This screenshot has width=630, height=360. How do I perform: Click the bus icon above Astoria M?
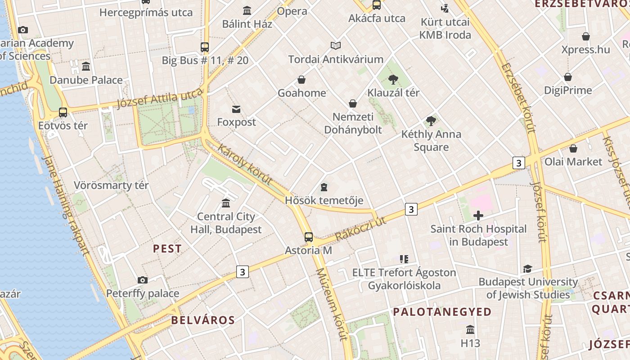pos(309,237)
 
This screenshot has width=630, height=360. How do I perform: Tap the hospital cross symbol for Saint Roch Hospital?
pos(478,216)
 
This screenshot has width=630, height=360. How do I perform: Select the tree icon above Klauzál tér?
pos(393,80)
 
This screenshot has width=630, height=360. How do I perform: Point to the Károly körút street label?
pos(245,165)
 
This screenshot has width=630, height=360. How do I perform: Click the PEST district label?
pos(167,248)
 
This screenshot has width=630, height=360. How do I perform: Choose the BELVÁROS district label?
pos(203,320)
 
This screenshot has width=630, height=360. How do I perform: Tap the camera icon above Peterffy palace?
pos(143,280)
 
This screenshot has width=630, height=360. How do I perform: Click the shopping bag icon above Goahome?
pos(301,80)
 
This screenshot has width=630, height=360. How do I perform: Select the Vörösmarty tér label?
pos(111,185)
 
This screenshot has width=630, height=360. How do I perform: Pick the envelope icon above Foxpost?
pos(236,109)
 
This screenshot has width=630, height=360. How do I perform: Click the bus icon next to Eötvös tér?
pos(63,112)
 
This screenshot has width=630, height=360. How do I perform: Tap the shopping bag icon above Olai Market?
pos(573,148)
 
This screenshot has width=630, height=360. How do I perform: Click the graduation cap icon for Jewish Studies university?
pos(527,269)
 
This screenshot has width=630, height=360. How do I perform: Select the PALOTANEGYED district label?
pos(442,312)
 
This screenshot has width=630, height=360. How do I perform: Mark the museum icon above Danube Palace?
pos(86,67)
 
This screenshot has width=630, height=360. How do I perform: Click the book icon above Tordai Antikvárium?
pos(336,45)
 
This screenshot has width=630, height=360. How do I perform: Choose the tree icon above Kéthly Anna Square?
pos(431,121)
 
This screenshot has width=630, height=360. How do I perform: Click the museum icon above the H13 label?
pos(470,330)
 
